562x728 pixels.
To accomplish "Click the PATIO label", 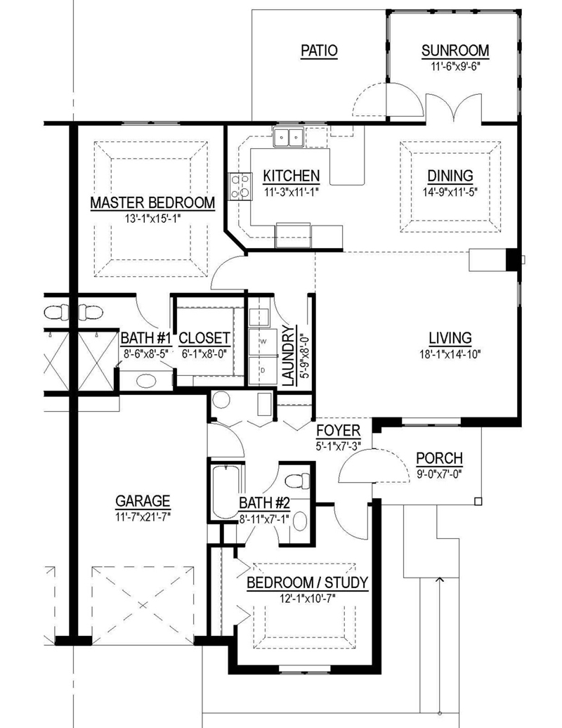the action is coord(320,50).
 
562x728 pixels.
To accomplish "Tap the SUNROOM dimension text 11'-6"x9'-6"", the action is coord(455,66).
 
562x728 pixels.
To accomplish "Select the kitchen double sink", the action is coord(289,138).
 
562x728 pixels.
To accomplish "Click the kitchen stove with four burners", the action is coord(240,186).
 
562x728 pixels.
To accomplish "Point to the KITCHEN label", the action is coord(292,176).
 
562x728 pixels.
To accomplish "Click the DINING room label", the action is coord(450,176).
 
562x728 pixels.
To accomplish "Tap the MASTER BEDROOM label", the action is coord(152,203).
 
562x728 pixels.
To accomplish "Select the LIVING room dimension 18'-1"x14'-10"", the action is coord(450,354).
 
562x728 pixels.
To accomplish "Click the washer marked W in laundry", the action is coord(262,342).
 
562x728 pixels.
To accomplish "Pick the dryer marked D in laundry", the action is coord(262,370).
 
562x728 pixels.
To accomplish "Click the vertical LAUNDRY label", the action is coord(288,356).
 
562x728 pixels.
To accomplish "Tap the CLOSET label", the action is coord(204,338).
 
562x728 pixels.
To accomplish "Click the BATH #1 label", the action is coord(146,338).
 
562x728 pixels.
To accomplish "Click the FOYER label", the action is coord(339,430).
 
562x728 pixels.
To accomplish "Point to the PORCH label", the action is coord(439,457).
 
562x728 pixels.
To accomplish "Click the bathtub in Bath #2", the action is coord(225,492).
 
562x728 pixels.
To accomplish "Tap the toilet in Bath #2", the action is coord(297,481).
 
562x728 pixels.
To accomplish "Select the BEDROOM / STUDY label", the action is coord(307,583).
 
